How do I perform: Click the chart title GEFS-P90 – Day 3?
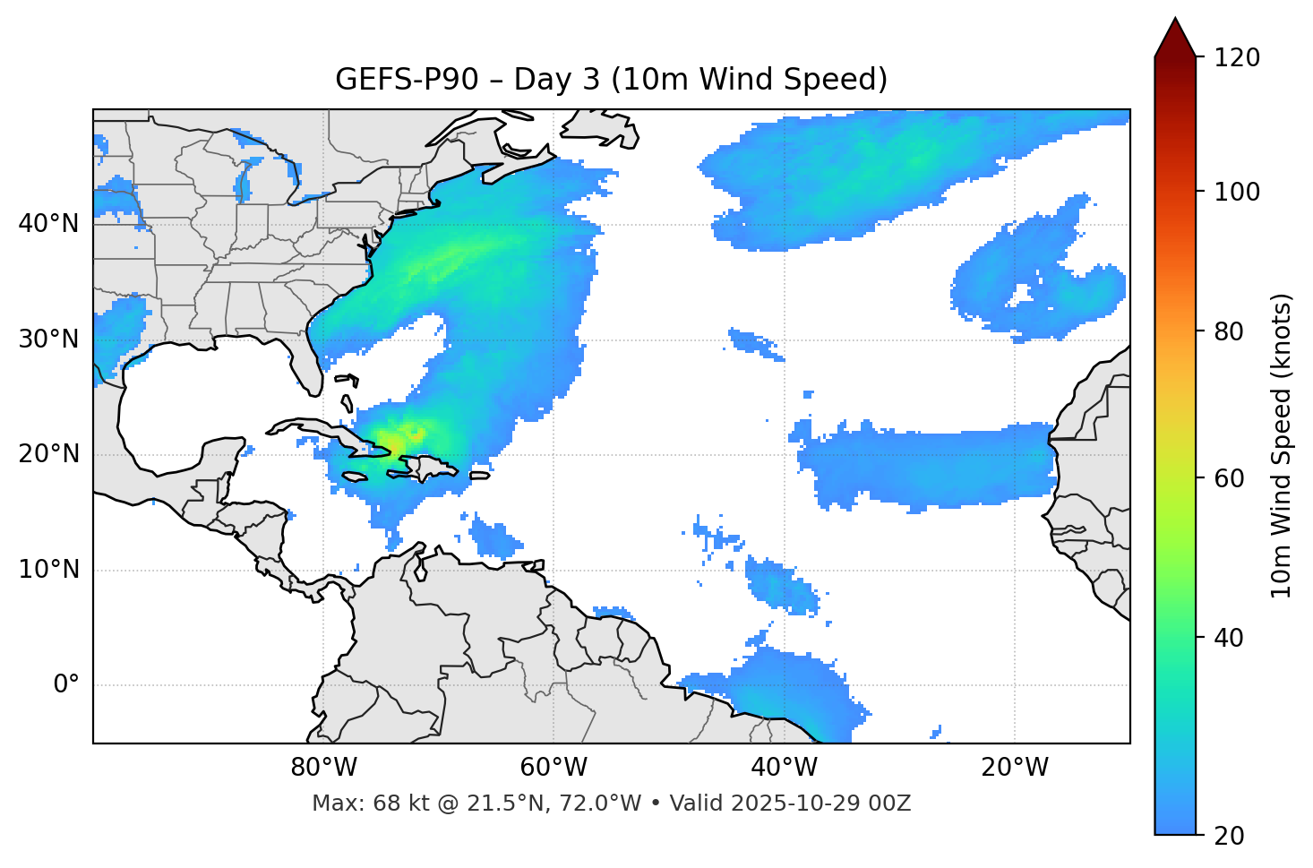click(611, 80)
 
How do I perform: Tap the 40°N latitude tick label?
click(48, 224)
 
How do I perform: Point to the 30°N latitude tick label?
click(48, 339)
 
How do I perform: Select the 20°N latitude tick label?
click(48, 454)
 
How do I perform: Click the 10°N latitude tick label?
click(48, 570)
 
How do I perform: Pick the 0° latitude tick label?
click(66, 685)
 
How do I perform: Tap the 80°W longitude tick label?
click(323, 768)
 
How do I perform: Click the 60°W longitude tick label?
click(554, 768)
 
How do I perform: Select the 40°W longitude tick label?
click(784, 768)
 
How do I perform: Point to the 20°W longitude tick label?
click(1014, 768)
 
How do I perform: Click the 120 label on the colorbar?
click(1236, 58)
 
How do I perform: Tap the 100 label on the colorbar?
click(1236, 192)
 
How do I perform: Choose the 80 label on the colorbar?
click(1230, 331)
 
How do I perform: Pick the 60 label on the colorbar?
click(1230, 478)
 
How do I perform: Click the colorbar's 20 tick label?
click(1230, 836)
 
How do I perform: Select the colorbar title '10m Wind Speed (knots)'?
click(1282, 445)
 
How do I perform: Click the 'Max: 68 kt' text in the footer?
click(352, 804)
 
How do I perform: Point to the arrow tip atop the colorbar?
click(1176, 20)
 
